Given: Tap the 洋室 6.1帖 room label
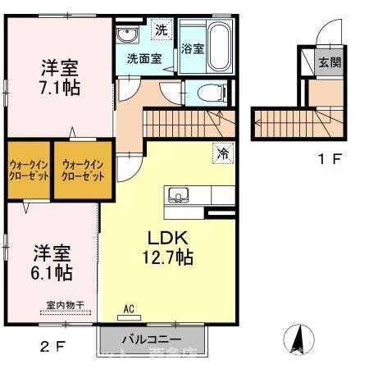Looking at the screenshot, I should (52, 261).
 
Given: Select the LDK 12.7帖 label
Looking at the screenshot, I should (170, 247).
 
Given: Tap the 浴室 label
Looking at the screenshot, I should (193, 48).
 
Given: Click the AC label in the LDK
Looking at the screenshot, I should (128, 310).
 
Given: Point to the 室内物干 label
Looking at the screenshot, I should (66, 306).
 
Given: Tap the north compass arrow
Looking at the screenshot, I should (298, 339).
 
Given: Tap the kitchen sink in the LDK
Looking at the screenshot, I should (178, 195).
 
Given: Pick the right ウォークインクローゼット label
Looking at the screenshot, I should (82, 171).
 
